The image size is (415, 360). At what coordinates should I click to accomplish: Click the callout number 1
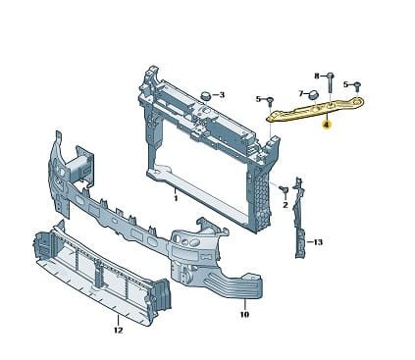point(176,198)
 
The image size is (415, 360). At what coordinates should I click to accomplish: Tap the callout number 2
point(285,205)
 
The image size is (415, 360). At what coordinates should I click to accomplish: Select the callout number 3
point(222,95)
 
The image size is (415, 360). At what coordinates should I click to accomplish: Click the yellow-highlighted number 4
point(326,125)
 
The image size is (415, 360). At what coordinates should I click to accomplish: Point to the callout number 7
point(301,93)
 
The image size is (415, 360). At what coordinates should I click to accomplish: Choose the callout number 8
point(317,76)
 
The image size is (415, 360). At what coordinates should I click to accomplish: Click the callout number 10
point(244,314)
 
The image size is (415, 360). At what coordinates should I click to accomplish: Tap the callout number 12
point(118,331)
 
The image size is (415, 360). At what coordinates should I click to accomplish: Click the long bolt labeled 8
point(330,83)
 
